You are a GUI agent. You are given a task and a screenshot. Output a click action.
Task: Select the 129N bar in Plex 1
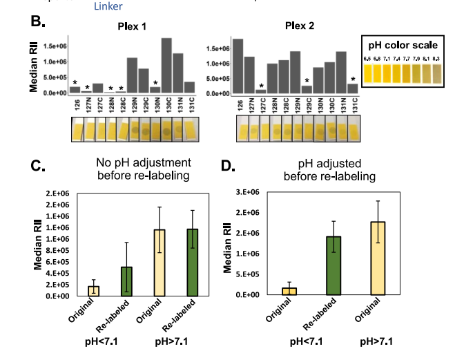tap(131, 76)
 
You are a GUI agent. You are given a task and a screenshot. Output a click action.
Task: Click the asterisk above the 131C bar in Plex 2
tap(353, 79)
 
